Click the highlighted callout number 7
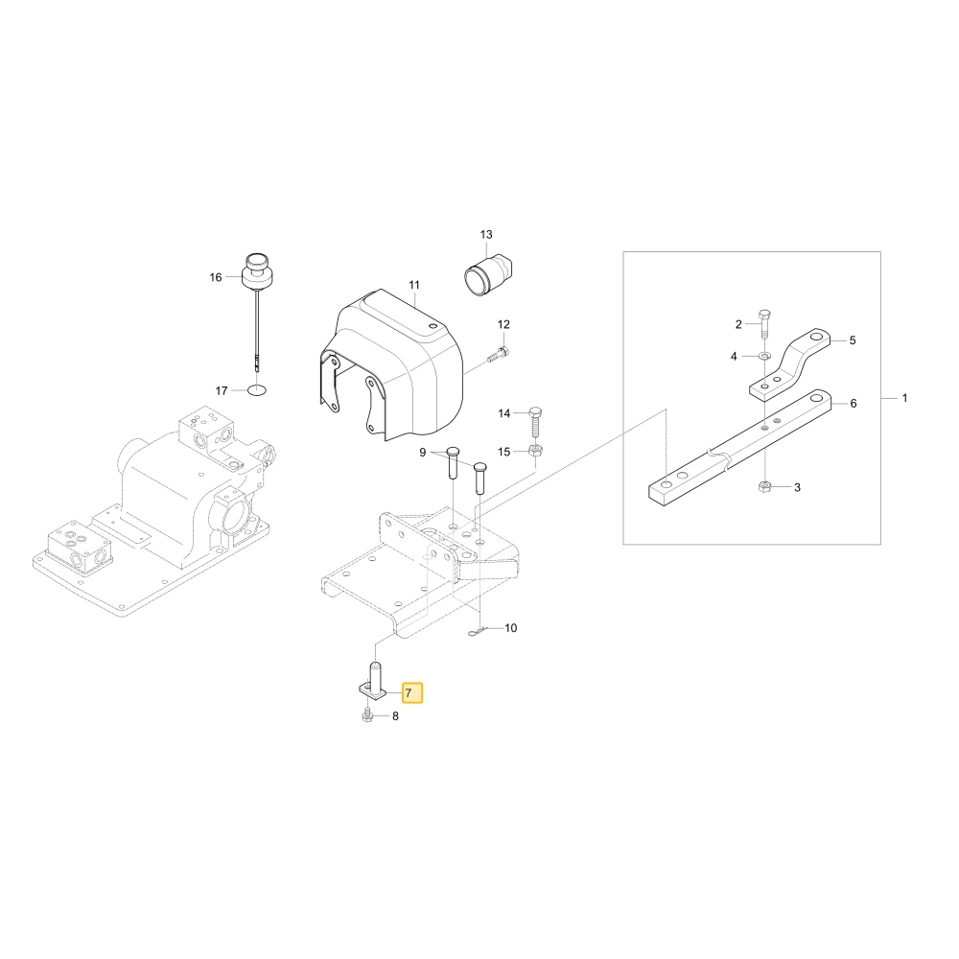411,693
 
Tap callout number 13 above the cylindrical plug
485,235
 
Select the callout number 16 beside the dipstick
216,277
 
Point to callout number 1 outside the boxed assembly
904,398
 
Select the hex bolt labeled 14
535,421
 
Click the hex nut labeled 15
536,452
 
